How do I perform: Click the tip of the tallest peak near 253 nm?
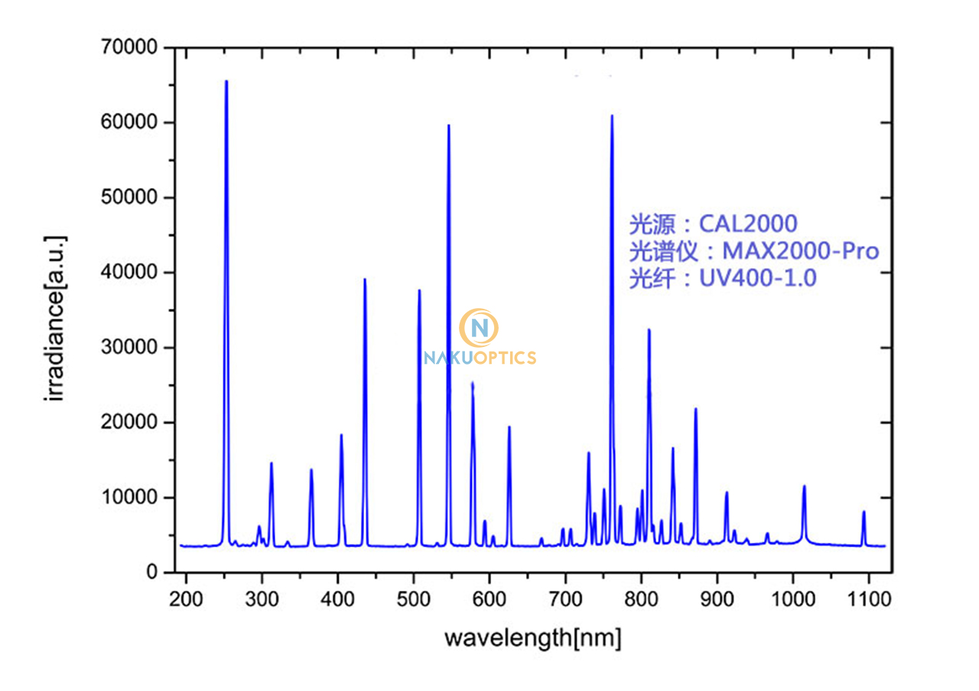(226, 81)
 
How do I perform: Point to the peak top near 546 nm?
(448, 125)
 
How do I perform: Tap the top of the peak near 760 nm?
(611, 116)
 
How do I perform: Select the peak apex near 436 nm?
(364, 280)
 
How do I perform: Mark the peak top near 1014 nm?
(804, 486)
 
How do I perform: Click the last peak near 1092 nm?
(864, 512)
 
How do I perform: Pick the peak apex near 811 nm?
(649, 330)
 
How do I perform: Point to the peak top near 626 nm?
(509, 427)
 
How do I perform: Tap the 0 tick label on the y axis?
(151, 573)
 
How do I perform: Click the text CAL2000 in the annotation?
(748, 224)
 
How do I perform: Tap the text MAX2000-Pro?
(800, 251)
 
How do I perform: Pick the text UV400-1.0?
(757, 279)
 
